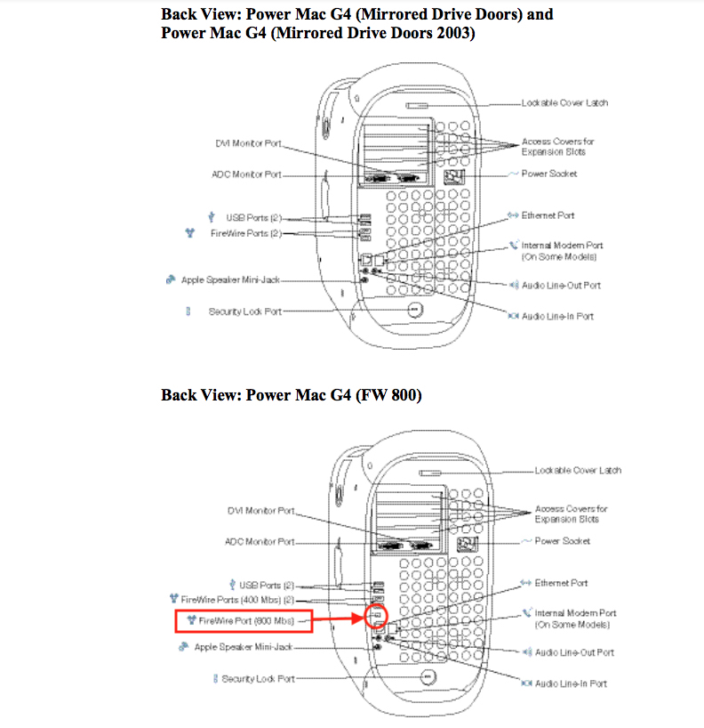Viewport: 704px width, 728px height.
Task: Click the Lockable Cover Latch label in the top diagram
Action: click(x=564, y=103)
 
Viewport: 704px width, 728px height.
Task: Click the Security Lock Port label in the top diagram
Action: click(x=244, y=311)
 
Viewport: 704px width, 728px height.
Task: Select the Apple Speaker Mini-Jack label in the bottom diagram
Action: click(x=244, y=647)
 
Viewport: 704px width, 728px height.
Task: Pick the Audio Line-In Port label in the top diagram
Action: click(x=557, y=316)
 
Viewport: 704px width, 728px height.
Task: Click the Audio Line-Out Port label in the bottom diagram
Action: click(x=573, y=652)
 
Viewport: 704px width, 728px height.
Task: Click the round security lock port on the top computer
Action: click(x=415, y=310)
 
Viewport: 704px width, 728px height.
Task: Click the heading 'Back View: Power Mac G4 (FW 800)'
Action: click(x=291, y=394)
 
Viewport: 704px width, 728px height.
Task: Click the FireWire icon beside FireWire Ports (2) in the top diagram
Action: click(x=188, y=233)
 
